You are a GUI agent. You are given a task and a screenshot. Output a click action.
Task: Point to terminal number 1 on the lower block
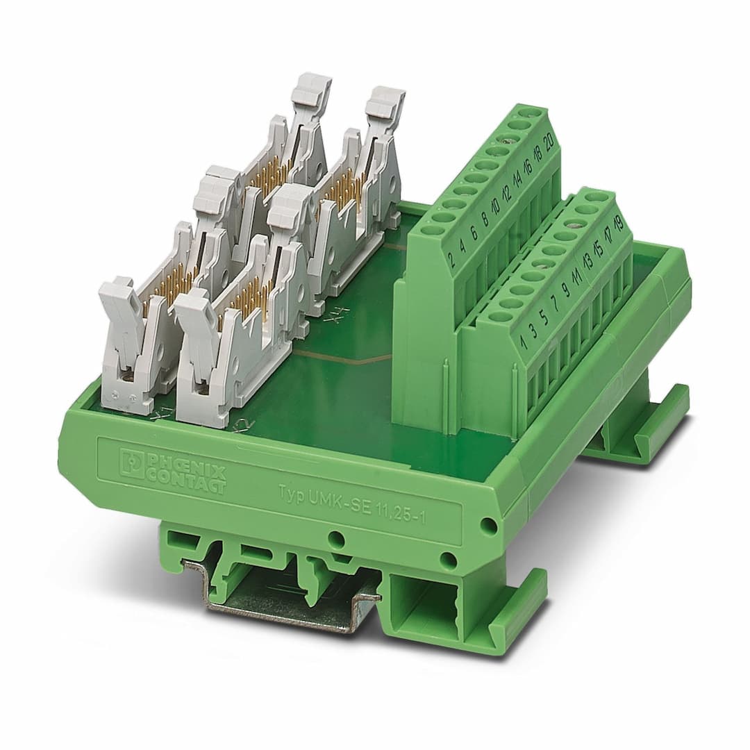pos(522,342)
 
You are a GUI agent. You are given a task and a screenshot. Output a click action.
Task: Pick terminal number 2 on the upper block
pos(452,260)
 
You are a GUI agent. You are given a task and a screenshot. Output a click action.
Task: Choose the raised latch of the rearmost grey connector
pos(385,101)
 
